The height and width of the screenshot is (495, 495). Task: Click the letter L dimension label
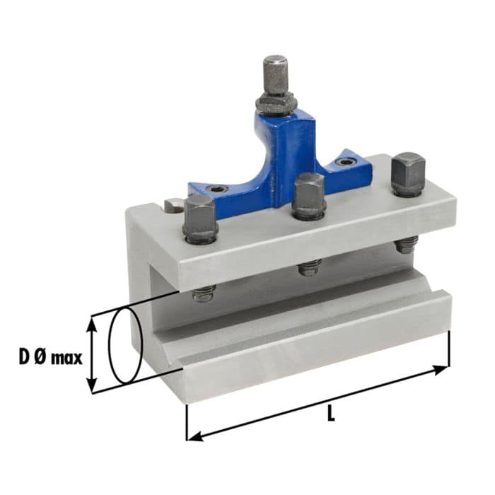[330, 415]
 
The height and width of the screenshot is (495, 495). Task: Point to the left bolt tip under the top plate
[204, 293]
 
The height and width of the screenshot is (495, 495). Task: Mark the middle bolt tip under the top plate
[309, 267]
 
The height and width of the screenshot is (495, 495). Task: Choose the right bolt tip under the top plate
[405, 245]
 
